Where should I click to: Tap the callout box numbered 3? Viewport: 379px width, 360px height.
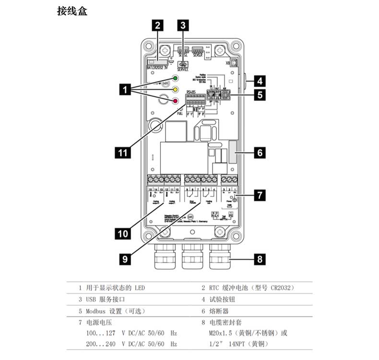pos(183,25)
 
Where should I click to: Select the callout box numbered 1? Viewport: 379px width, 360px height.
pos(126,89)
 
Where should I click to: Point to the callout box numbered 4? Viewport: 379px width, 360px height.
pos(260,80)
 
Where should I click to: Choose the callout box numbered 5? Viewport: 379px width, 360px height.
pos(260,94)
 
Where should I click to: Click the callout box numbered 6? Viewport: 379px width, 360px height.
pos(260,153)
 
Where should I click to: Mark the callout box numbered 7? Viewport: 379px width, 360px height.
pos(260,195)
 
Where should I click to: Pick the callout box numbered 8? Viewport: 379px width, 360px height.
pos(260,259)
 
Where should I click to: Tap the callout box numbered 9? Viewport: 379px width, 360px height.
pos(125,259)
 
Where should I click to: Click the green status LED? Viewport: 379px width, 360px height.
pos(176,79)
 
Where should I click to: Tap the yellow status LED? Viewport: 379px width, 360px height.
pos(176,90)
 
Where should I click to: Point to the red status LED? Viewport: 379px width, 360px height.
pos(176,101)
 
